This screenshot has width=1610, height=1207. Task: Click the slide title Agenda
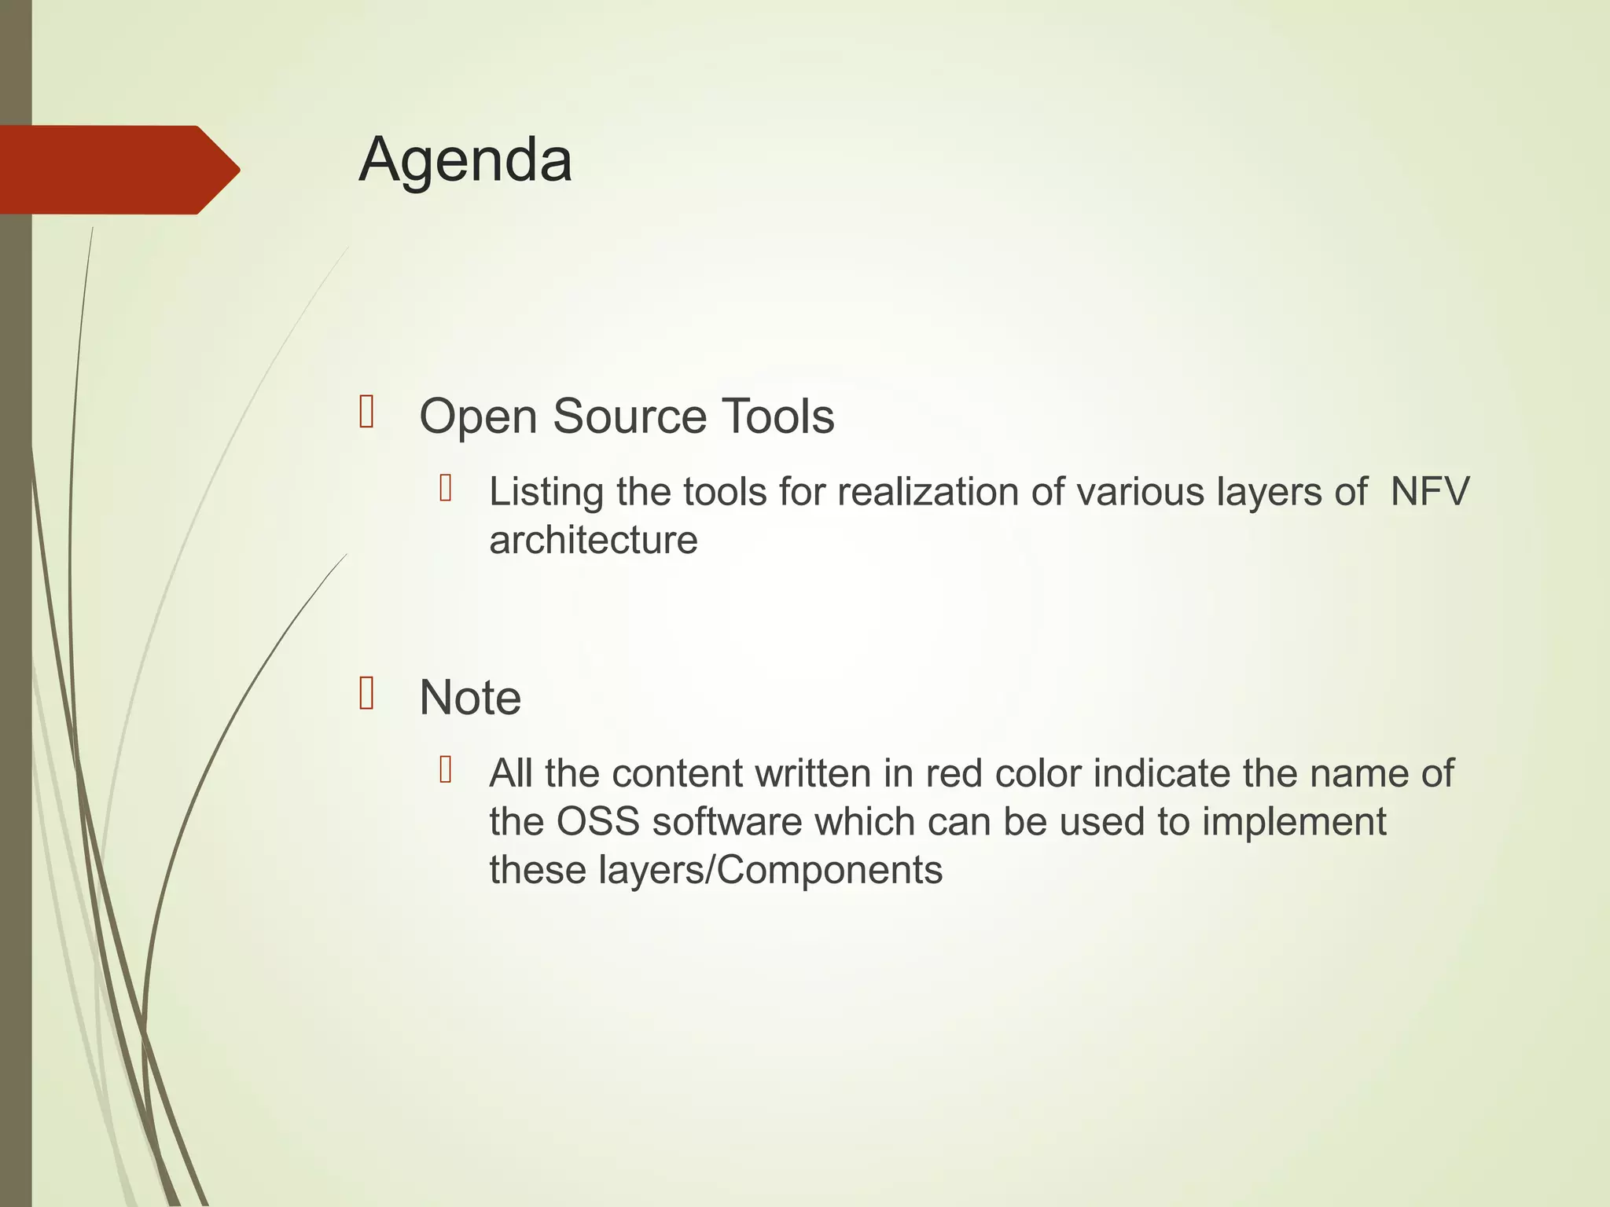point(465,160)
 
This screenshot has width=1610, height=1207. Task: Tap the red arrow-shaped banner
point(118,170)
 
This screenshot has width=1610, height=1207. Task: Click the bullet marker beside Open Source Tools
point(366,412)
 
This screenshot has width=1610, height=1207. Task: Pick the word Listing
point(546,493)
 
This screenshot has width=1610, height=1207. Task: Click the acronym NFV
point(1429,493)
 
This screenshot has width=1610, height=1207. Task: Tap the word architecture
point(594,541)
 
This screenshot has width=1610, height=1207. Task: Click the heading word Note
point(470,698)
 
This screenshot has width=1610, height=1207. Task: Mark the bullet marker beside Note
point(366,693)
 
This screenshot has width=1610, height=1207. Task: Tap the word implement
point(1294,822)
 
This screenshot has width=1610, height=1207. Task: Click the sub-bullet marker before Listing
point(446,489)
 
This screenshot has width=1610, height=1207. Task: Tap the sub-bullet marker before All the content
point(446,770)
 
